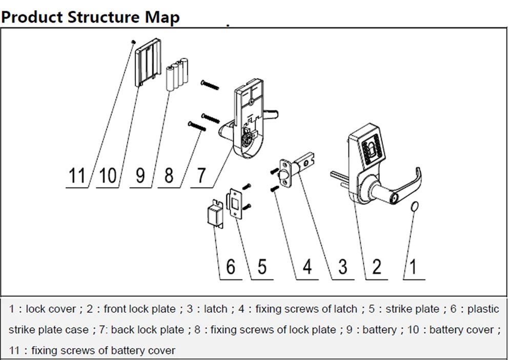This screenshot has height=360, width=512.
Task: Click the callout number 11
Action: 77,175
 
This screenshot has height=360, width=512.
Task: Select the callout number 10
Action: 108,175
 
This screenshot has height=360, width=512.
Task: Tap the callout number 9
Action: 139,175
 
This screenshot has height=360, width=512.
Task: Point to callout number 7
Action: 201,175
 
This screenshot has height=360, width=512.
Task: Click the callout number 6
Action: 231,267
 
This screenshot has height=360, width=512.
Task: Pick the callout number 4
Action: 306,267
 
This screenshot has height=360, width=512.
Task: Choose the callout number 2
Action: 377,267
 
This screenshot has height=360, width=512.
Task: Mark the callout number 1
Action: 413,267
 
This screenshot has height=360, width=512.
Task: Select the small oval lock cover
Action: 415,206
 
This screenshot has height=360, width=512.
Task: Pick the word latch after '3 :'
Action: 215,309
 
